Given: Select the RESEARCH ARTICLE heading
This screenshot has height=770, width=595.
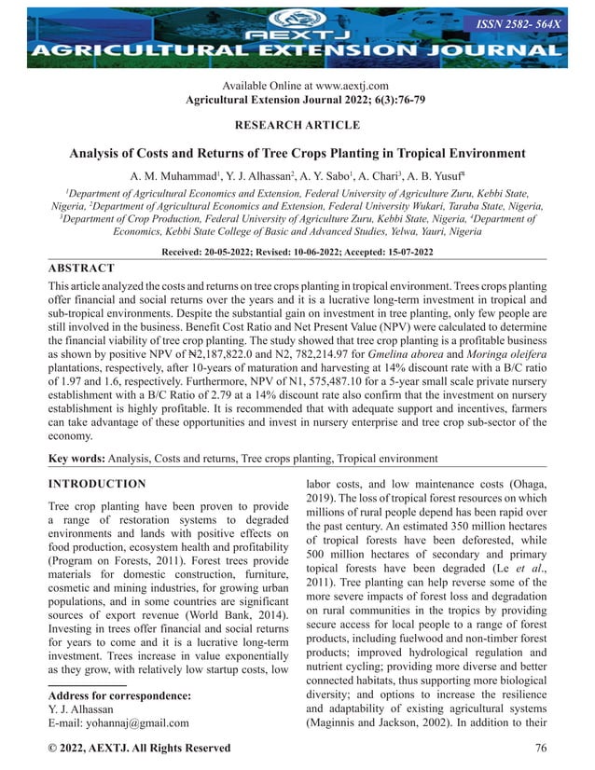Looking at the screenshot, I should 297,125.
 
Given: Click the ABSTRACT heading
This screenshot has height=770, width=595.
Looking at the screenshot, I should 81,268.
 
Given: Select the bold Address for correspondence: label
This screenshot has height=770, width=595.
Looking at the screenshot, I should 118,695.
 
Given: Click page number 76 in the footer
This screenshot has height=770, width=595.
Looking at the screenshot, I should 541,749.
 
